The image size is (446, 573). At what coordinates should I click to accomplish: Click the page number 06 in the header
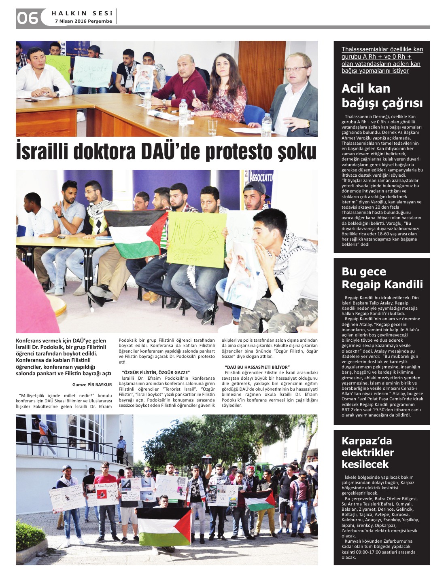(x=27, y=18)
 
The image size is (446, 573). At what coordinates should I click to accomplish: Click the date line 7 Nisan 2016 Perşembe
(x=83, y=21)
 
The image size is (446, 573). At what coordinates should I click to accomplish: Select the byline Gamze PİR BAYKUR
(x=92, y=385)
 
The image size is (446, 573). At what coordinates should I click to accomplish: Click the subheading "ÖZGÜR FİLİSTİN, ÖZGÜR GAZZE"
(x=156, y=372)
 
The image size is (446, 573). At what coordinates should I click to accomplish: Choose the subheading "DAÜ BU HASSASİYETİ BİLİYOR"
(x=257, y=367)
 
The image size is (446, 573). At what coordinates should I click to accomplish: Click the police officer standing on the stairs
(x=121, y=449)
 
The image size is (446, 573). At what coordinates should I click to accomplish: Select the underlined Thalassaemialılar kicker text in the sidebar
(x=382, y=60)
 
